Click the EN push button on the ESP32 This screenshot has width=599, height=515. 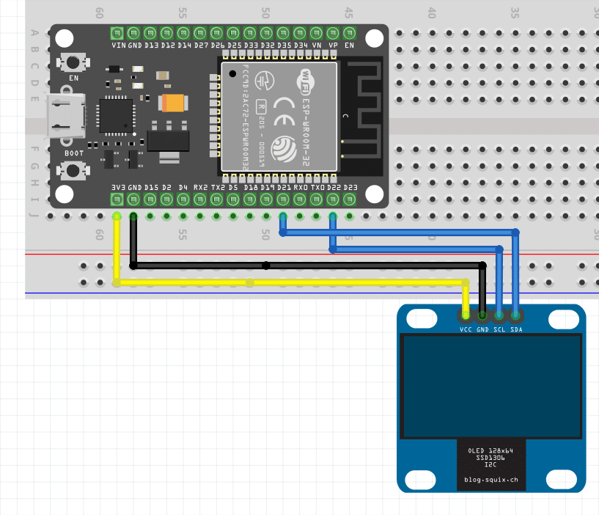point(73,63)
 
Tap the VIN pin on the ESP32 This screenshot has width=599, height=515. point(117,33)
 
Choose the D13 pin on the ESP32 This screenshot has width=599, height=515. point(150,33)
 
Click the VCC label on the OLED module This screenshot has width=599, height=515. point(465,329)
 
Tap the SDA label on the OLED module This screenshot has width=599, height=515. point(517,329)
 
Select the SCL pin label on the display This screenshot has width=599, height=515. point(499,329)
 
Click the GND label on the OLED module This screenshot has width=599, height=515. point(482,329)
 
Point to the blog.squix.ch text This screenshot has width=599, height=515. point(491,480)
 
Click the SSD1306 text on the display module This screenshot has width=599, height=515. point(491,457)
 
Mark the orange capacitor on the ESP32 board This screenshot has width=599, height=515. point(174,103)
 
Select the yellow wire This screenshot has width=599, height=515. point(293,282)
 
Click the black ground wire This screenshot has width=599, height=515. point(308,265)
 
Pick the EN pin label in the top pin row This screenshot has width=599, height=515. point(349,45)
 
